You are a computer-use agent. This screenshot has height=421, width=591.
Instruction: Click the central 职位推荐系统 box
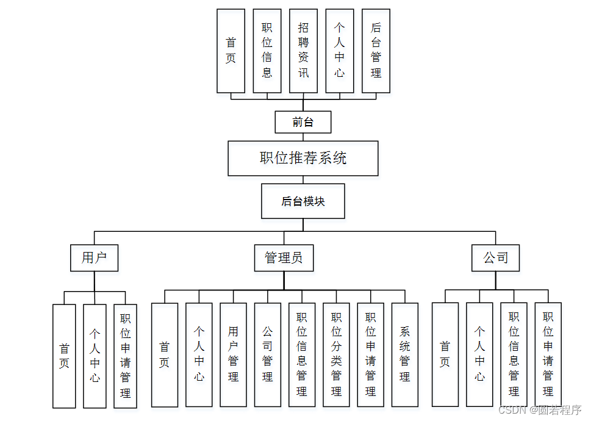pos(303,159)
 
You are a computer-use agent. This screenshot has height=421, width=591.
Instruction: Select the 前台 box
pos(303,122)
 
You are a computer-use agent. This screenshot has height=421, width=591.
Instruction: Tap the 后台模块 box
pos(303,201)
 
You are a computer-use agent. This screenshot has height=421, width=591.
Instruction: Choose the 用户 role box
pos(95,258)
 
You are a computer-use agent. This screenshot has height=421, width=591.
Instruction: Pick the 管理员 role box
pos(284,258)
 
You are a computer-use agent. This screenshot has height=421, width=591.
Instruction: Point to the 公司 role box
pos(496,258)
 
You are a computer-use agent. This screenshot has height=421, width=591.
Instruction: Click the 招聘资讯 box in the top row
pos(303,51)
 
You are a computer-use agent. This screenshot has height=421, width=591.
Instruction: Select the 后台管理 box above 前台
pos(376,51)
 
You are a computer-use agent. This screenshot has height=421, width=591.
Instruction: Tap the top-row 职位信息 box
pos(267,51)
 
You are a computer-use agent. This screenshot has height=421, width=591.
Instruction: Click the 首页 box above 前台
pos(231,51)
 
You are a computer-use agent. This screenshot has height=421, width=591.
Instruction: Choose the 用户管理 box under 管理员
pos(234,354)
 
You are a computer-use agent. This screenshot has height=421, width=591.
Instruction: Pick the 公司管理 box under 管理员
pos(268,354)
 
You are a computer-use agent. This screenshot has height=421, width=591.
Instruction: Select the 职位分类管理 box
pos(337,354)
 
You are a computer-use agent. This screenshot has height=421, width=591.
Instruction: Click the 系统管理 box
pos(405,354)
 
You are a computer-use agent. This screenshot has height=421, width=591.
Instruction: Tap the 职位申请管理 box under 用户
pos(125,356)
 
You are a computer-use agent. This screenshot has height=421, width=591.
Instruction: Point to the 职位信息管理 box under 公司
pos(514,354)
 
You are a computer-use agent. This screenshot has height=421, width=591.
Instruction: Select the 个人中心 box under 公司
pos(479,354)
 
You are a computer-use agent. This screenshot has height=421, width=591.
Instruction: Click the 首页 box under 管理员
pos(165,354)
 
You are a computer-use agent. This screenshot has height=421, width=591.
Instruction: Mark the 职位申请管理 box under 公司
pos(548,354)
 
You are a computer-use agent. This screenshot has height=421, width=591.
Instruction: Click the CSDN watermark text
pos(540,410)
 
